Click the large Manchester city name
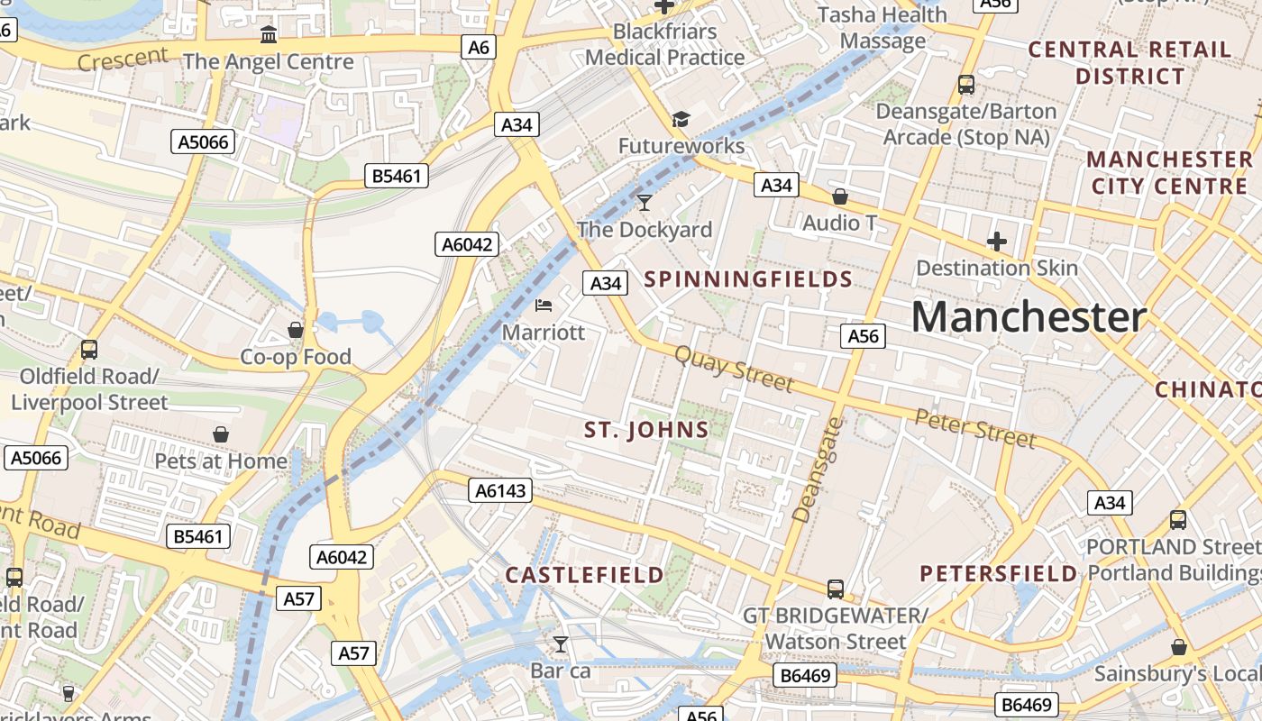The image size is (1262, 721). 1029,317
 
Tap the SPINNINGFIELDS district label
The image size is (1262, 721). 748,278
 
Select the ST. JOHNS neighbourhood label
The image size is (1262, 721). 646,430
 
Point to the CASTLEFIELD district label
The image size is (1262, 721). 584,574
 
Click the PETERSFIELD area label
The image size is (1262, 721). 998,573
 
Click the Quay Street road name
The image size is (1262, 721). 734,370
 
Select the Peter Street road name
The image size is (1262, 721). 974,427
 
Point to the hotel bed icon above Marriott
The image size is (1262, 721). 544,306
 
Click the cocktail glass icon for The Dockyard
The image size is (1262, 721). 644,202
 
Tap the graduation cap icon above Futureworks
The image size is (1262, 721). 681,119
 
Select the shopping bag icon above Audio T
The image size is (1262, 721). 840,196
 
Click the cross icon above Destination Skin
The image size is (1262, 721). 996,241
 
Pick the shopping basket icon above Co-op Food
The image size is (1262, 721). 295,330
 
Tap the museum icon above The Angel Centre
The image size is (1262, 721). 269,35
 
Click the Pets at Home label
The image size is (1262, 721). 221,461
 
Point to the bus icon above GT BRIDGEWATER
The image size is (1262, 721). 836,589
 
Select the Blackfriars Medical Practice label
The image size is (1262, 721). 665,44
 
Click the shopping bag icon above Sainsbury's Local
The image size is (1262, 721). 1178,647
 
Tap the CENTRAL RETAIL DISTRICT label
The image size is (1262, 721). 1129,62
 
